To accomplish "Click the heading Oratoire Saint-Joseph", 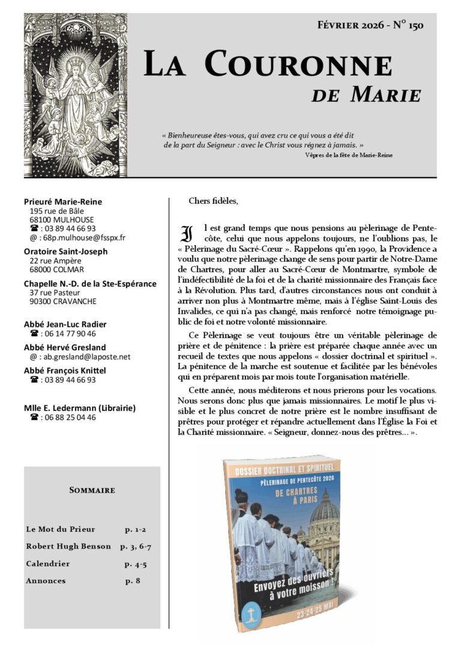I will coord(65,251).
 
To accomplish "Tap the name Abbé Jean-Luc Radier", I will coord(65,324).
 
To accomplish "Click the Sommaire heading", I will coord(92,490).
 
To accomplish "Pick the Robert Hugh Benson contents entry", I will coord(68,546).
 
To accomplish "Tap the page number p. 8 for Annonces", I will coord(133,581).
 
